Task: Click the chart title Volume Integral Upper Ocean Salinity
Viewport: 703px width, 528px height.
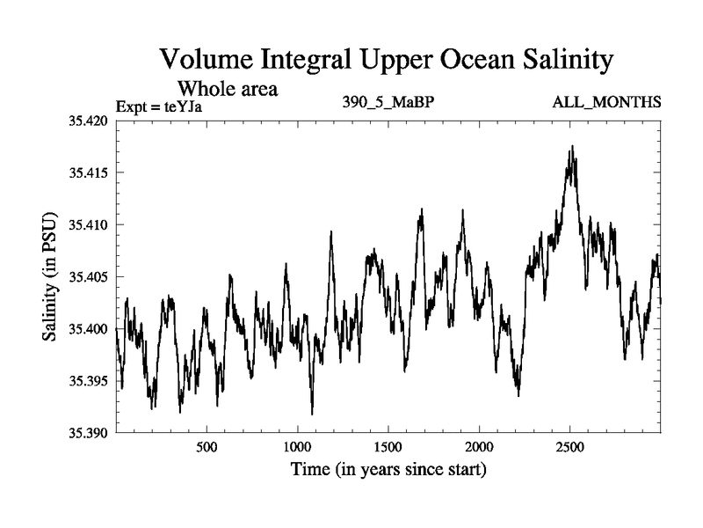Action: (x=385, y=61)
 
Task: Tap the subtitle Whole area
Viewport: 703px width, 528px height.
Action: (x=228, y=89)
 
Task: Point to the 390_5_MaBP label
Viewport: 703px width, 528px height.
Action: (x=388, y=103)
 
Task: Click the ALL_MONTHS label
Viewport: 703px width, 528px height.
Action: (x=606, y=103)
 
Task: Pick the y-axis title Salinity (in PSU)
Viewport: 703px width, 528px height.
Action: (x=51, y=276)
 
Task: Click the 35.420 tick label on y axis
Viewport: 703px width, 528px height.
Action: (x=86, y=121)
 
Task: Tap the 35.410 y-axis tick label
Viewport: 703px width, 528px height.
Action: (x=86, y=224)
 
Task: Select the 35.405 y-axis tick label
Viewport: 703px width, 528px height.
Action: (x=86, y=277)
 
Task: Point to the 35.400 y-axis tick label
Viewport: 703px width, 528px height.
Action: (x=86, y=329)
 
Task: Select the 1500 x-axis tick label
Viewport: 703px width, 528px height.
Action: (x=388, y=447)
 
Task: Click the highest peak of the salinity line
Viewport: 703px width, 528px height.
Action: (x=572, y=147)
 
